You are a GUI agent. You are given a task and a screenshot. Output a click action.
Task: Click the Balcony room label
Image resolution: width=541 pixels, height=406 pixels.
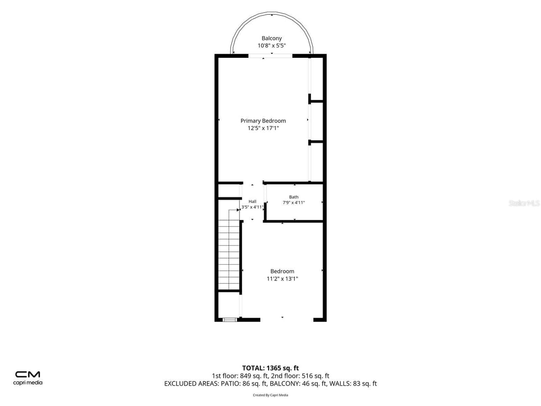271,38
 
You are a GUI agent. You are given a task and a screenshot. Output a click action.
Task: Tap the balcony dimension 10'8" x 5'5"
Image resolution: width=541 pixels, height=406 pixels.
271,46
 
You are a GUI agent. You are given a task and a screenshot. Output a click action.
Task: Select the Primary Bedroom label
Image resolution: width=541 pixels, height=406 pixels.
263,121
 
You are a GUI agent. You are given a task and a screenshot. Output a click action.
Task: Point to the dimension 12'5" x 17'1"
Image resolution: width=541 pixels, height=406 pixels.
263,128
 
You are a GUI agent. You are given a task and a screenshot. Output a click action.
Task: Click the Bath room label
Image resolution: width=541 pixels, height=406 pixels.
293,197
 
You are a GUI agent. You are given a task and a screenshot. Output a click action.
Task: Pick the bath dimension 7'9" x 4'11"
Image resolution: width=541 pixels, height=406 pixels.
293,203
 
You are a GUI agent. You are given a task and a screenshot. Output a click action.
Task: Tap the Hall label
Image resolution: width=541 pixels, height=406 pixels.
252,201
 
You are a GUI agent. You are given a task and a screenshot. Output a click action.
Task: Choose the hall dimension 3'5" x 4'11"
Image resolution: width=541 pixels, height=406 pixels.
252,207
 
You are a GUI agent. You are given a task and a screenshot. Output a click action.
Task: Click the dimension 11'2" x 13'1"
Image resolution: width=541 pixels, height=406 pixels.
282,278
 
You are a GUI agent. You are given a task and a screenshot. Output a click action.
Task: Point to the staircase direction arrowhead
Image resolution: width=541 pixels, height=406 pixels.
238,210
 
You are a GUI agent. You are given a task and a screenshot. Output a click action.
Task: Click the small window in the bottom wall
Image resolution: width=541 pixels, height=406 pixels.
230,320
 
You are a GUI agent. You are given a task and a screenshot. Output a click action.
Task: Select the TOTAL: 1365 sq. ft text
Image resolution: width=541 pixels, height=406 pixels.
270,368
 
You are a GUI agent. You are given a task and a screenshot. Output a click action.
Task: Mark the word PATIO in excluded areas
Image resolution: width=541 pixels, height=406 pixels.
230,383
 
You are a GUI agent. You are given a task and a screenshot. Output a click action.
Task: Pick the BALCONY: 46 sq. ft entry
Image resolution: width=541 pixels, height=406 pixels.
298,383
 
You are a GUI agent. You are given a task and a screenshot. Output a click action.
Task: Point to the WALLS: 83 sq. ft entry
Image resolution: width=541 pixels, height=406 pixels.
353,383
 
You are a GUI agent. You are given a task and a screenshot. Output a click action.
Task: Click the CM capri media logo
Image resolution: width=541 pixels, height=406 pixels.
28,378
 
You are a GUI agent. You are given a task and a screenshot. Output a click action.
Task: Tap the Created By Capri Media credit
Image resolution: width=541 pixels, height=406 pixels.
270,395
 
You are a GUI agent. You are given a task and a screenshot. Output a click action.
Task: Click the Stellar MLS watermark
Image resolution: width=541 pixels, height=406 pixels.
524,203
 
